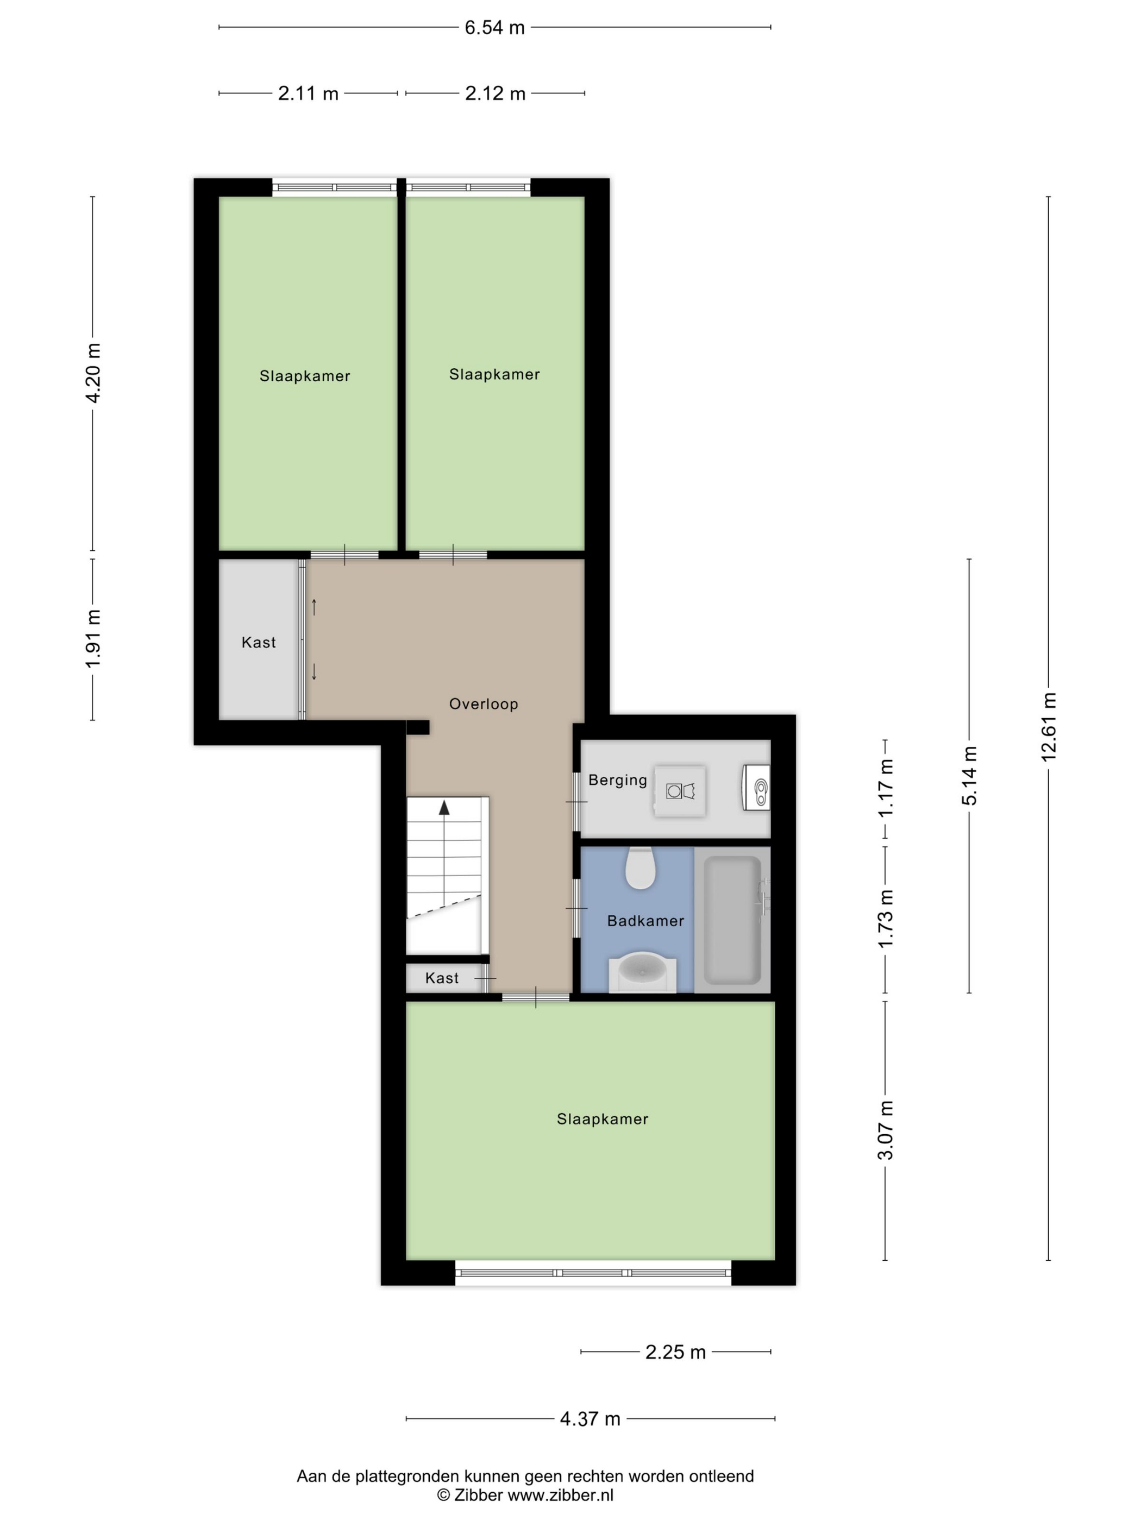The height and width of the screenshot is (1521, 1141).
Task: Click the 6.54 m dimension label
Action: tap(494, 28)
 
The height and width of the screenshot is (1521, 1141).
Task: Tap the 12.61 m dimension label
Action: tap(1048, 726)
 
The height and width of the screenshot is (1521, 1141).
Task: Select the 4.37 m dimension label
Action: tap(590, 1418)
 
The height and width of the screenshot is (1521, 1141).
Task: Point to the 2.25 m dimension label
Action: tap(675, 1352)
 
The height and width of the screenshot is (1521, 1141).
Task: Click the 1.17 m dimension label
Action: tap(885, 788)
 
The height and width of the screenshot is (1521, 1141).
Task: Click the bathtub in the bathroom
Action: tap(732, 919)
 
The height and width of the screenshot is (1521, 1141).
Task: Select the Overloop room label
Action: tap(483, 703)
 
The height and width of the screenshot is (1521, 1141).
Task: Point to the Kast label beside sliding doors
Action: tap(258, 642)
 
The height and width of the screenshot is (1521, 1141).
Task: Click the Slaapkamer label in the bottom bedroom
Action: tap(602, 1118)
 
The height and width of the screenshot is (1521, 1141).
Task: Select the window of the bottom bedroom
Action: tap(593, 1273)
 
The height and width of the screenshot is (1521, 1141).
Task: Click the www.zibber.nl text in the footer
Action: tap(560, 1495)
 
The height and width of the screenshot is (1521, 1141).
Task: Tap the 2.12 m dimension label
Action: tap(494, 93)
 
